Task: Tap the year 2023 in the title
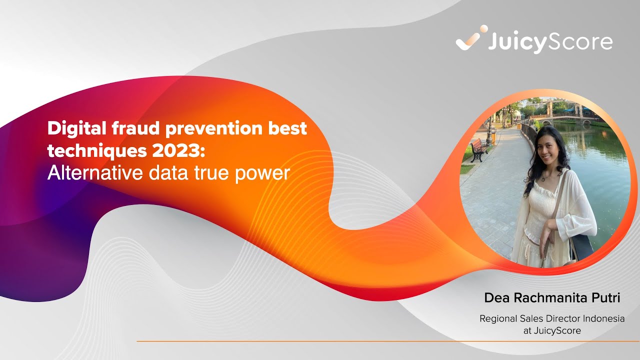(171, 151)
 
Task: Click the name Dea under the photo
(498, 298)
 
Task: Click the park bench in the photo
(478, 149)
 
